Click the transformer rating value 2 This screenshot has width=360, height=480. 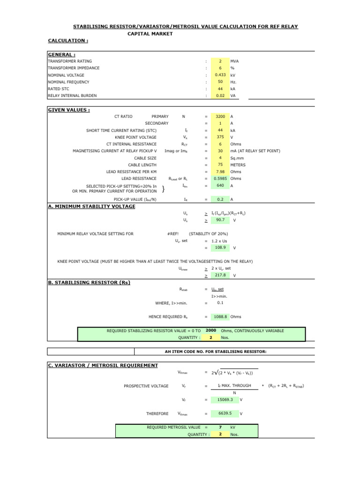point(220,61)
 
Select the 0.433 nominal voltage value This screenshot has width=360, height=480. point(220,75)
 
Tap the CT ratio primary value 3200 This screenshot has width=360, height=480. point(220,116)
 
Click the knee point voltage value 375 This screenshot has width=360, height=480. point(220,137)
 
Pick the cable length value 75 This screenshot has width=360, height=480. point(220,165)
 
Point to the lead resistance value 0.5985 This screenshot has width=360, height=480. point(220,179)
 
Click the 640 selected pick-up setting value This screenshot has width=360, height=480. point(220,186)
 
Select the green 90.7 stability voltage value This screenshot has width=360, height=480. point(220,219)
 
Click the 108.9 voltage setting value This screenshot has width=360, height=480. point(220,247)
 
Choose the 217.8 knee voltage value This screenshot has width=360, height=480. point(220,275)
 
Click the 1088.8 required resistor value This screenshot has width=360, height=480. point(220,316)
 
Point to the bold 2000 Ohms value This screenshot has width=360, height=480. point(210,330)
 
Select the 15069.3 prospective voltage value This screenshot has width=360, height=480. point(222,400)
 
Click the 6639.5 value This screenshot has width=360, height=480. point(222,413)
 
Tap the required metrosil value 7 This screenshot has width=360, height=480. point(220,427)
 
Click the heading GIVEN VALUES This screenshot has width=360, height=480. point(69,110)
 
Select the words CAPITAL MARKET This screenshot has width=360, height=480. point(150,34)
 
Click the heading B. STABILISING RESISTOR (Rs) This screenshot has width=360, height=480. point(89,283)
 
